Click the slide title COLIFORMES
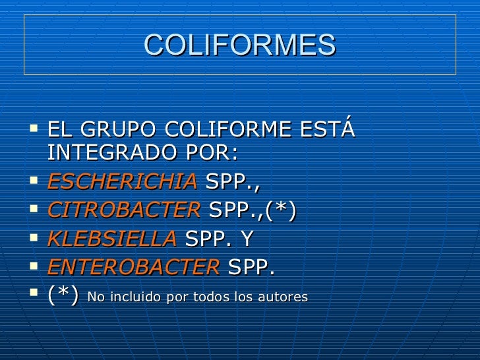239,45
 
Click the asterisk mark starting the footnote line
64,297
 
